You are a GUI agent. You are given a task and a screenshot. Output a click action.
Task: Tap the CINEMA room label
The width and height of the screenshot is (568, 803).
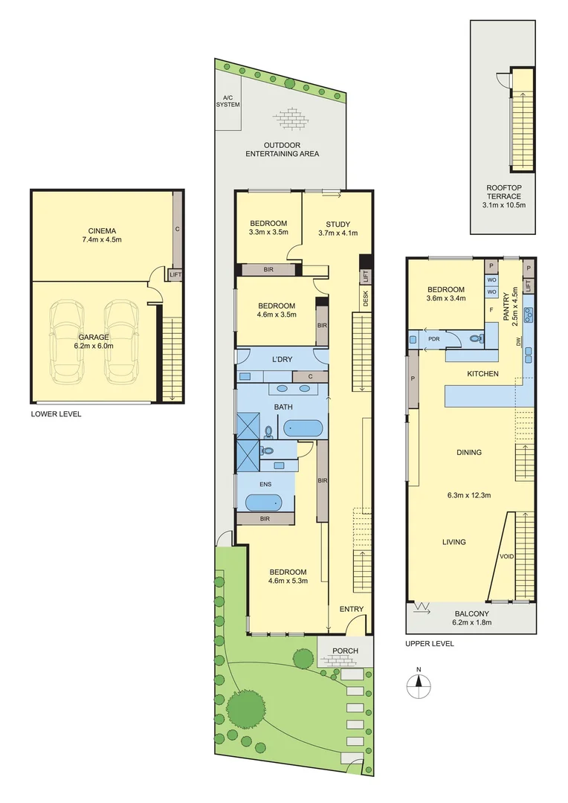(103, 230)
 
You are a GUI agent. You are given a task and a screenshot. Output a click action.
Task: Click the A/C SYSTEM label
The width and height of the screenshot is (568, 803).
(227, 101)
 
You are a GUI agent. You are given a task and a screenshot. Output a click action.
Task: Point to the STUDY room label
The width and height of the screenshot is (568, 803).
(338, 224)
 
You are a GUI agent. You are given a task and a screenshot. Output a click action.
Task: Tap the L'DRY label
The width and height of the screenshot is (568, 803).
(282, 360)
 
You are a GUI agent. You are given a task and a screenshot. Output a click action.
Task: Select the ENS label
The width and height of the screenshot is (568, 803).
(265, 483)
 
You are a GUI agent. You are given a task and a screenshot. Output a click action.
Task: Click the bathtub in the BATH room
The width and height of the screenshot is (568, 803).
(303, 428)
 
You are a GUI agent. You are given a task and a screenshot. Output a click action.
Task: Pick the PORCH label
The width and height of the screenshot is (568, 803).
(345, 651)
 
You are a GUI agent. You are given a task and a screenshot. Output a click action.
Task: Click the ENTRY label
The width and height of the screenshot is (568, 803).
(351, 610)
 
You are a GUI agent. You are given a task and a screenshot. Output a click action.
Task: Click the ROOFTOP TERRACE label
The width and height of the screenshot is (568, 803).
(503, 193)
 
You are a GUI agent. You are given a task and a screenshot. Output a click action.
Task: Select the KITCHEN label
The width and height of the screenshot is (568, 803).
(483, 373)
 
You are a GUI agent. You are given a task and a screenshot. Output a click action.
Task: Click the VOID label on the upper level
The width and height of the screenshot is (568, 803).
(507, 556)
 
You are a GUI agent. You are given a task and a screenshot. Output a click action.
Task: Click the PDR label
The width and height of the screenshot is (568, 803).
(434, 340)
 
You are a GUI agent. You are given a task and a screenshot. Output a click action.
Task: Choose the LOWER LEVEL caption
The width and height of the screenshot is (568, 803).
(56, 413)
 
